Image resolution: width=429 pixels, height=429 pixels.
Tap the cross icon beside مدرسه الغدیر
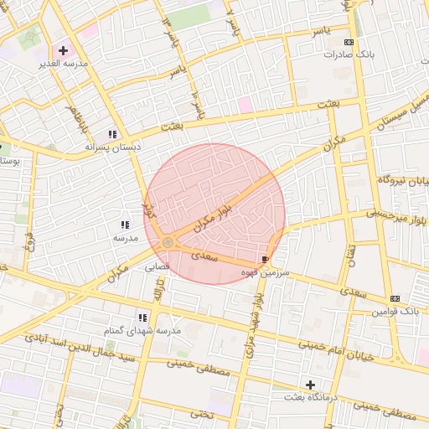(63, 50)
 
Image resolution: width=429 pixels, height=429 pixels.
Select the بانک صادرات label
(348, 54)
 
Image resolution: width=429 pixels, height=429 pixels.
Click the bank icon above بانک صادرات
(349, 42)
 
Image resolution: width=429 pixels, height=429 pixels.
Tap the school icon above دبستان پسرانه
(112, 134)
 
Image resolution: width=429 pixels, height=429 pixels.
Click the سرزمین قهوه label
(265, 273)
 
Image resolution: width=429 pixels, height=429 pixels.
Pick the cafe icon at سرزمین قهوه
(266, 260)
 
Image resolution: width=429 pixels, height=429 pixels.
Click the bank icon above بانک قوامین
(395, 298)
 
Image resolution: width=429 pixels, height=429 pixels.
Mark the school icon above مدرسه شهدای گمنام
(143, 318)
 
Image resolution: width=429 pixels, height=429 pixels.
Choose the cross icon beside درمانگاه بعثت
(311, 385)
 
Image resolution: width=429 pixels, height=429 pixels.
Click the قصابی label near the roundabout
(158, 268)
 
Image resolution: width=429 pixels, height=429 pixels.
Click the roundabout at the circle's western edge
(168, 243)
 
